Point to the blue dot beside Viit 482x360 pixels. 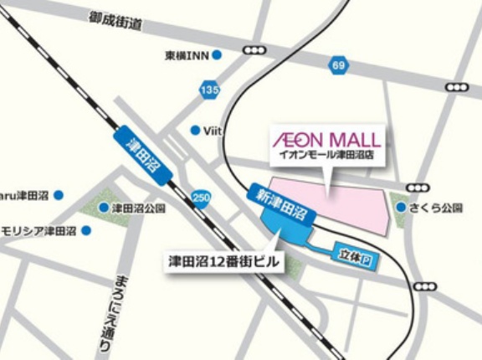point(196,130)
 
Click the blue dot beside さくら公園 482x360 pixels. point(402,207)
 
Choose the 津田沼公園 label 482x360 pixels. point(139,208)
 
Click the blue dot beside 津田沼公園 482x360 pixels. point(104,208)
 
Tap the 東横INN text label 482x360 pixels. point(187,56)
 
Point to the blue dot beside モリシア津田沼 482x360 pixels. point(85,230)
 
